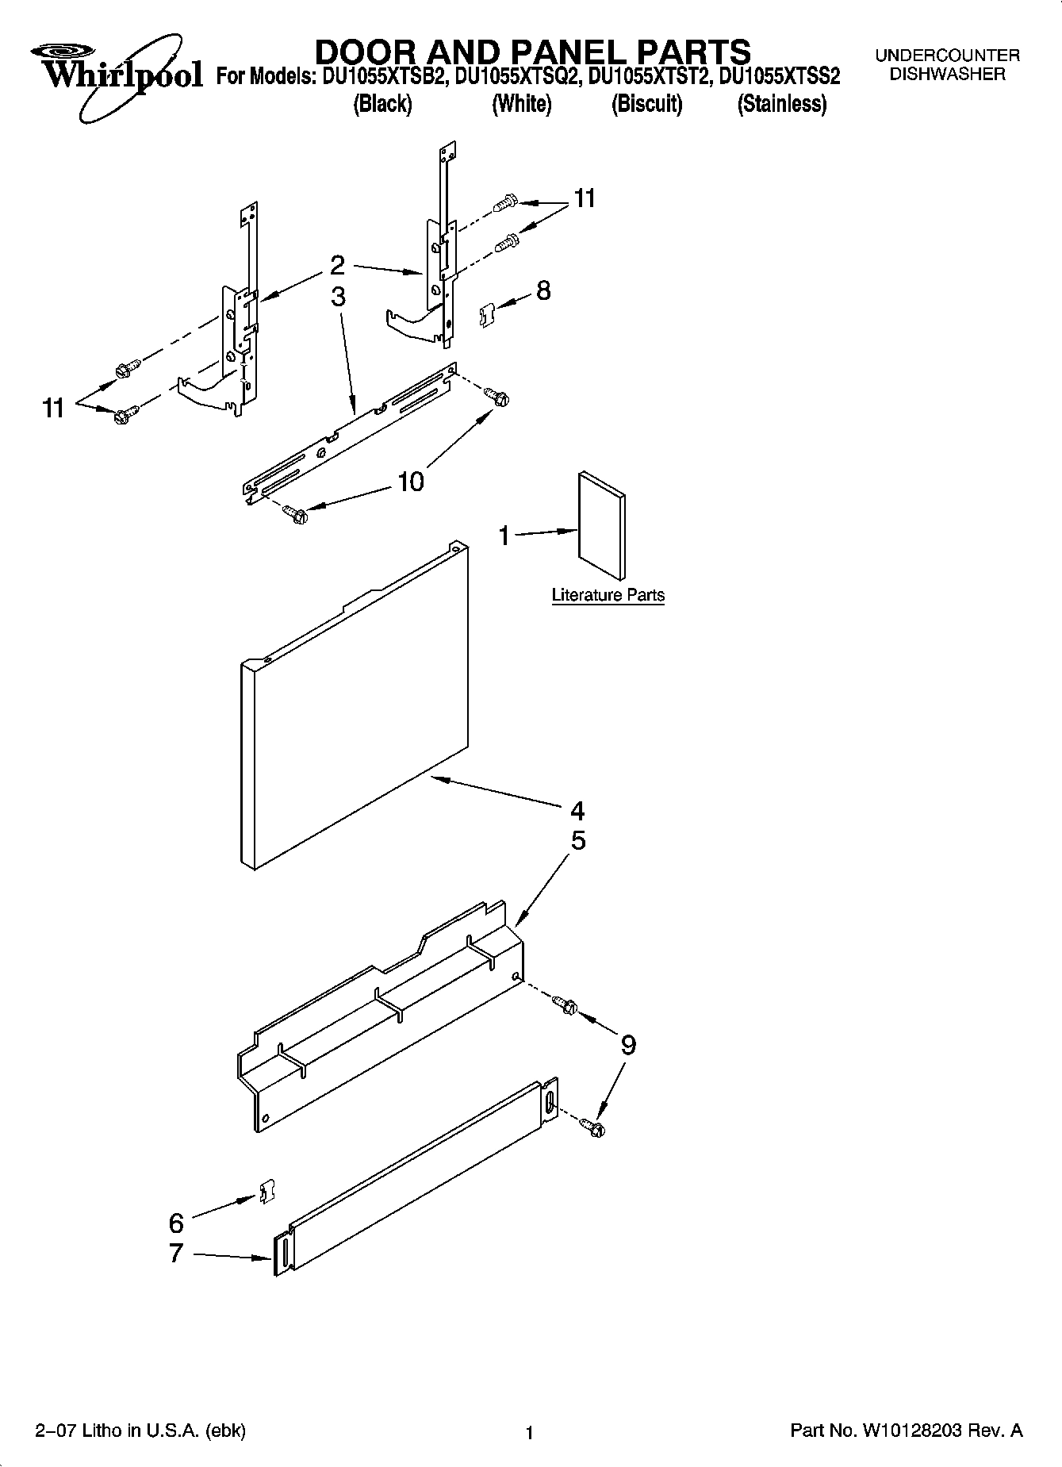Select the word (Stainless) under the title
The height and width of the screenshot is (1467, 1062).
click(x=781, y=104)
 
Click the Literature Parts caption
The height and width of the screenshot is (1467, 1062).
click(x=608, y=595)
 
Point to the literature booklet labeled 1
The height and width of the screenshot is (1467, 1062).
click(x=601, y=526)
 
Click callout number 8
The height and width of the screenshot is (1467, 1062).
click(x=543, y=290)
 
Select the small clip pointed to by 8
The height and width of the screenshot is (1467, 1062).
click(x=486, y=315)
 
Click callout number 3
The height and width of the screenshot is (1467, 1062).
click(x=339, y=297)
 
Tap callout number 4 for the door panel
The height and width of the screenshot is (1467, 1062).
click(x=577, y=811)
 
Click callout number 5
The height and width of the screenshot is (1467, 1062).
click(x=578, y=841)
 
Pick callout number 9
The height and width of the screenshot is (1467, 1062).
click(x=627, y=1045)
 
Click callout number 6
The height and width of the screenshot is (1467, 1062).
click(x=176, y=1223)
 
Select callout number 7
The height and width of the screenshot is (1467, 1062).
click(x=176, y=1254)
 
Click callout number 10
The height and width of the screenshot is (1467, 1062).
click(x=410, y=481)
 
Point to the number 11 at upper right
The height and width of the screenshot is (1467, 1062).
click(x=584, y=198)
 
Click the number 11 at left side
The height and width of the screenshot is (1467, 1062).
click(x=53, y=409)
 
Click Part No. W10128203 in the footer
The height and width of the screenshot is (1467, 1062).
click(x=906, y=1431)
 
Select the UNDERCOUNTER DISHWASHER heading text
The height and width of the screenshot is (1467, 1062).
click(x=947, y=65)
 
